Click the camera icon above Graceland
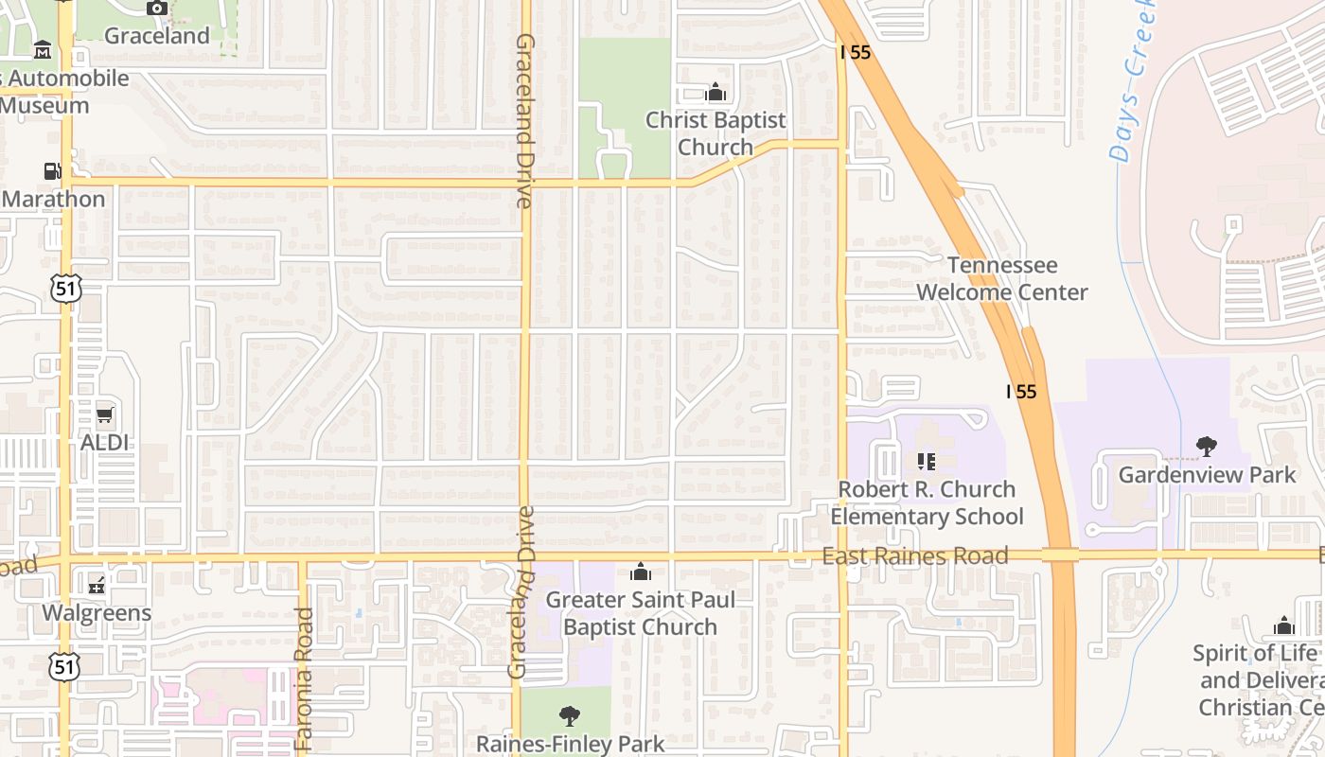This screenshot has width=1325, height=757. pyautogui.click(x=157, y=9)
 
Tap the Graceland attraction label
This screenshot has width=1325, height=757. pyautogui.click(x=157, y=36)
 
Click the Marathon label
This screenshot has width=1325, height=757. pyautogui.click(x=54, y=199)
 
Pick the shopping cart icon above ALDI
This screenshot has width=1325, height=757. pyautogui.click(x=104, y=415)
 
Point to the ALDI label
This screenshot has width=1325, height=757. pyautogui.click(x=104, y=443)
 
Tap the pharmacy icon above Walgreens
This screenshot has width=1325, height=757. pyautogui.click(x=97, y=586)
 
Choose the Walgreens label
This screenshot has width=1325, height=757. pyautogui.click(x=97, y=613)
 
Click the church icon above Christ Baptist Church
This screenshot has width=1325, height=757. pyautogui.click(x=715, y=92)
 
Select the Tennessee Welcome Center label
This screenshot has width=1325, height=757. pyautogui.click(x=1002, y=278)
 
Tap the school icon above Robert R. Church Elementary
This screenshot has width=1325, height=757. pyautogui.click(x=927, y=462)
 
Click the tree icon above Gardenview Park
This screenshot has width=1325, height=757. pyautogui.click(x=1206, y=446)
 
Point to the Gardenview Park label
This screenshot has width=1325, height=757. pyautogui.click(x=1207, y=474)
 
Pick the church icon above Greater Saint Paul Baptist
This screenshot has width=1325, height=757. pyautogui.click(x=641, y=572)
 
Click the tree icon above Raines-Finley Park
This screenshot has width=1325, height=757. pyautogui.click(x=569, y=715)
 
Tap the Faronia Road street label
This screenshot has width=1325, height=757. pyautogui.click(x=304, y=679)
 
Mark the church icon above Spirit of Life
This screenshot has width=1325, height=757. pyautogui.click(x=1284, y=625)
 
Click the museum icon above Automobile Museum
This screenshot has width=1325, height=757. pyautogui.click(x=43, y=49)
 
